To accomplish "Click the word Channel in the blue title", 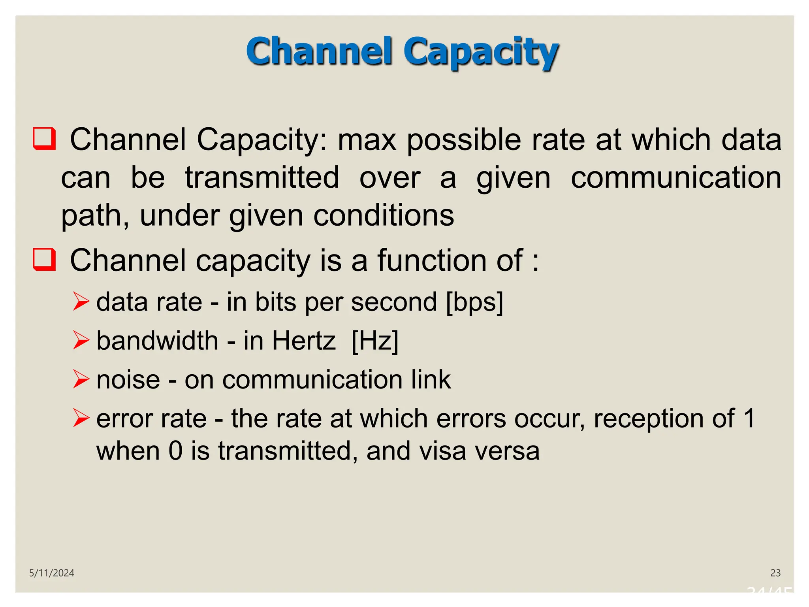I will pos(319,51).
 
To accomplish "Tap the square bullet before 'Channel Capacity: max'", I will pos(44,138).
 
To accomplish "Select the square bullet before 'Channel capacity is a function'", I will pos(44,259).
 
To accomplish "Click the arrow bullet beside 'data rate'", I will pos(81,302).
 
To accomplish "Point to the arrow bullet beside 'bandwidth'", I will pos(81,340).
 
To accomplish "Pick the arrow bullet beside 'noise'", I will pos(81,379).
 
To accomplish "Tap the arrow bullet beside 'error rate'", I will pos(81,418).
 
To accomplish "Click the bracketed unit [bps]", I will pos(474,302).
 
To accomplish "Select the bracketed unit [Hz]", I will pos(375,341).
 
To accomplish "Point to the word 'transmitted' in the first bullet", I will pos(262,177).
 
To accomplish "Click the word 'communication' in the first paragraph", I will pos(676,177).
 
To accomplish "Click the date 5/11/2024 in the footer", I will pos(52,573).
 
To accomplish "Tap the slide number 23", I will pos(775,573).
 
